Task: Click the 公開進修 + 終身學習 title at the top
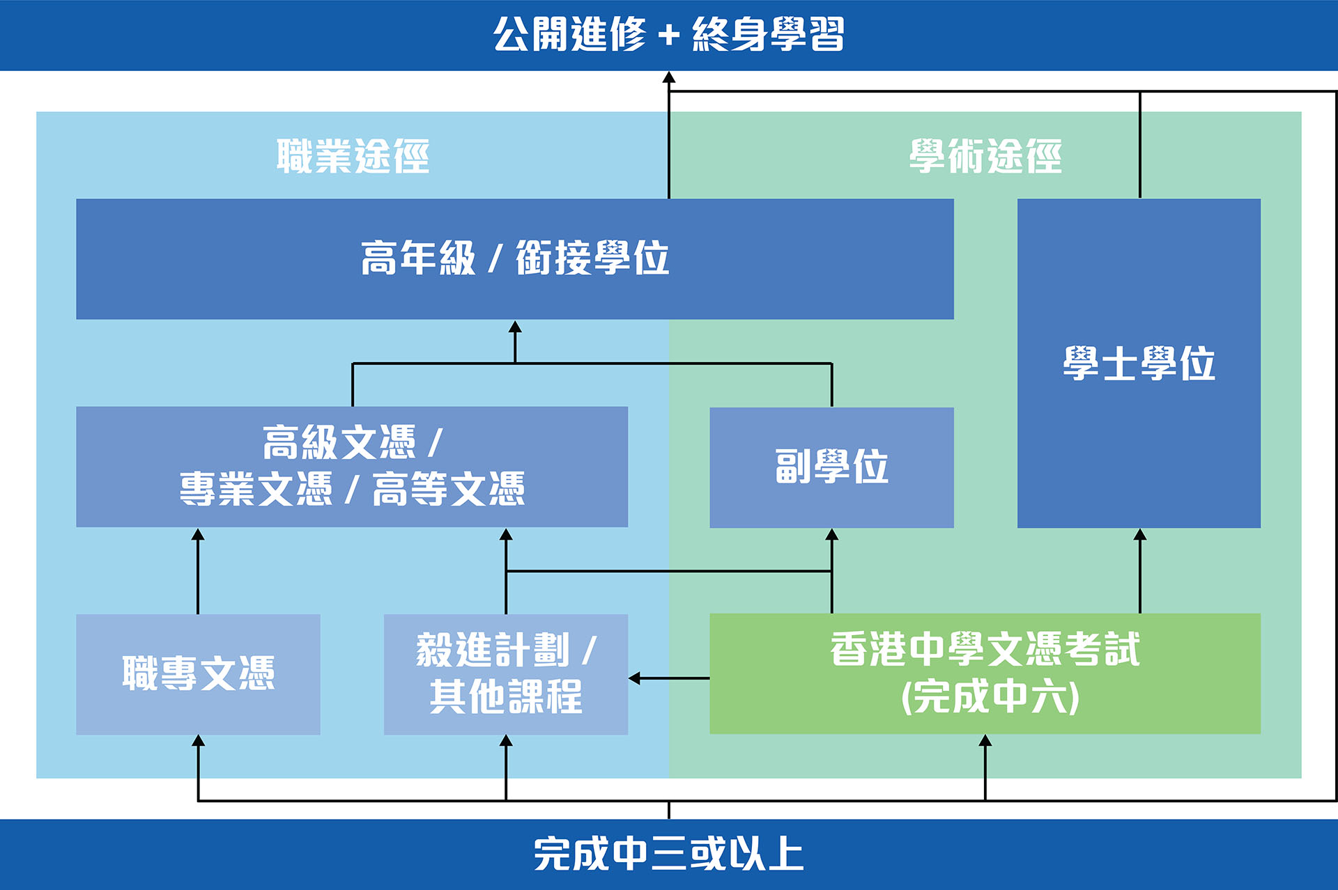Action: click(x=669, y=34)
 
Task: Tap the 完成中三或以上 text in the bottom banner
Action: click(x=669, y=854)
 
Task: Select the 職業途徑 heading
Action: click(x=353, y=156)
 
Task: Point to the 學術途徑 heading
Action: click(x=985, y=156)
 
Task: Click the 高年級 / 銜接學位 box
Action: click(x=515, y=259)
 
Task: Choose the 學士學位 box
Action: click(x=1139, y=364)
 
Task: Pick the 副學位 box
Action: click(x=831, y=467)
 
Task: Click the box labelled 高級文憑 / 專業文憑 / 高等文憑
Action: click(x=352, y=467)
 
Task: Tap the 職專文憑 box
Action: click(x=198, y=674)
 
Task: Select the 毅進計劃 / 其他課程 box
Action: click(x=506, y=674)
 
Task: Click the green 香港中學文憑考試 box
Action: click(x=985, y=673)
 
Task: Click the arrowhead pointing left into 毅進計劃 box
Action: click(x=634, y=678)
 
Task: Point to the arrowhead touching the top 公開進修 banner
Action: click(x=669, y=77)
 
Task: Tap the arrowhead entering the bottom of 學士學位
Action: click(x=1140, y=534)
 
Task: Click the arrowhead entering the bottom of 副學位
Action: click(x=831, y=534)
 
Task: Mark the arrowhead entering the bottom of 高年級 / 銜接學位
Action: click(x=515, y=327)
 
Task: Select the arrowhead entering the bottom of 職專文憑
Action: click(x=198, y=741)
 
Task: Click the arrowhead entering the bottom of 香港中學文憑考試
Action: click(x=985, y=741)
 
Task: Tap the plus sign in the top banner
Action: click(x=669, y=35)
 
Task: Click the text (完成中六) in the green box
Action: click(x=990, y=697)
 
